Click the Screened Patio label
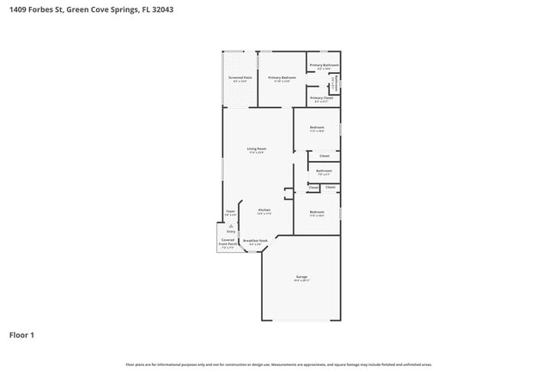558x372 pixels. tap(240, 78)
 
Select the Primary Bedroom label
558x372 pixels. tap(282, 78)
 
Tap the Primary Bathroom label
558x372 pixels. tap(324, 65)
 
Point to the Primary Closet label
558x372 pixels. tap(322, 98)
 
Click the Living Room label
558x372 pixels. tap(256, 149)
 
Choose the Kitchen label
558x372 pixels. tap(264, 209)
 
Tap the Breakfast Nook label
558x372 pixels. tap(255, 241)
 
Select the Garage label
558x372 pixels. tap(301, 277)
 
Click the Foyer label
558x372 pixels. tap(231, 210)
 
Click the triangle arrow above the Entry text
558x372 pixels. tap(231, 225)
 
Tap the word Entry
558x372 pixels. tap(231, 231)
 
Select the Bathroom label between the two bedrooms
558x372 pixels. tap(324, 171)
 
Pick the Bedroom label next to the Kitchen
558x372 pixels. tap(317, 211)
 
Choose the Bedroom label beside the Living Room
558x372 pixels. tap(317, 128)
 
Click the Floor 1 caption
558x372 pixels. tap(21, 334)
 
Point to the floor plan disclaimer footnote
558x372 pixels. tap(279, 363)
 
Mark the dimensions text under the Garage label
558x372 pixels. tap(301, 280)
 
